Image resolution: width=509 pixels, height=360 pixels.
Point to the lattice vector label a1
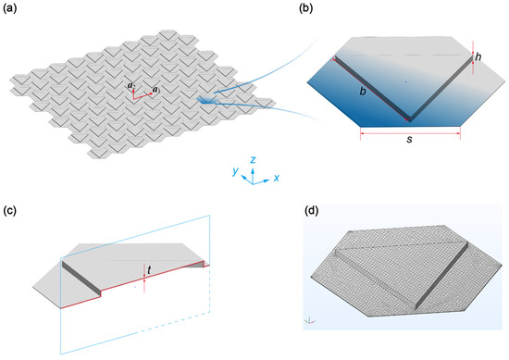click(155, 90)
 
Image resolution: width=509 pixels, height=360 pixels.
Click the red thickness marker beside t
click(145, 270)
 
